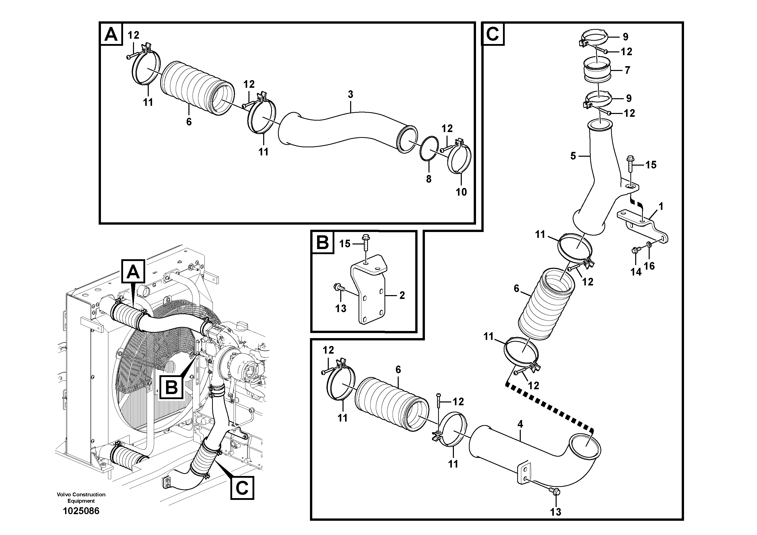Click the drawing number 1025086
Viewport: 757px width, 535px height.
pyautogui.click(x=81, y=511)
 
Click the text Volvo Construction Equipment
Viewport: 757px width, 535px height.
pyautogui.click(x=81, y=497)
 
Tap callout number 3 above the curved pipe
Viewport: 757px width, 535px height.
pyautogui.click(x=350, y=94)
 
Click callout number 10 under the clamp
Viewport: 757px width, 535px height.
pyautogui.click(x=461, y=192)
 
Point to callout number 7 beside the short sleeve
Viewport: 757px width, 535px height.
pyautogui.click(x=627, y=70)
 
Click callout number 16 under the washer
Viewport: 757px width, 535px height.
pyautogui.click(x=649, y=266)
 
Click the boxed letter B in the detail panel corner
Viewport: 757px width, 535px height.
pyautogui.click(x=322, y=242)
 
